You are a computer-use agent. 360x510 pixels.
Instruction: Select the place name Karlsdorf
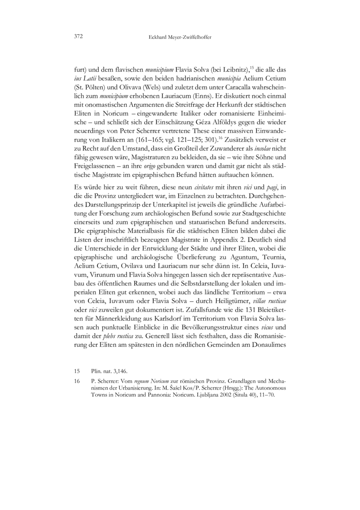[x=157, y=320]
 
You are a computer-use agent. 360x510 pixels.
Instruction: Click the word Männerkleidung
[x=107, y=320]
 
